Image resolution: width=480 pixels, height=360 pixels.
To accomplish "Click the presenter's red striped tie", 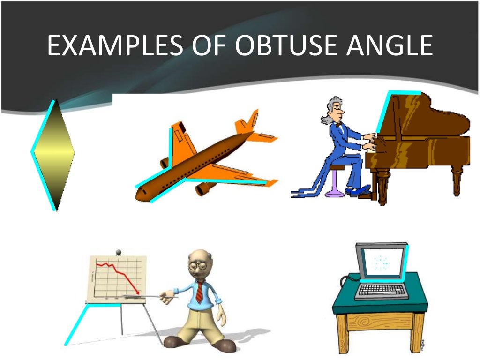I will (x=199, y=293).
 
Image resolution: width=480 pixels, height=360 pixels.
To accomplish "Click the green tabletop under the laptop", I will (x=380, y=305).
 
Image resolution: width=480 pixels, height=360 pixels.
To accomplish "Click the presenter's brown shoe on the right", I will (x=223, y=345).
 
